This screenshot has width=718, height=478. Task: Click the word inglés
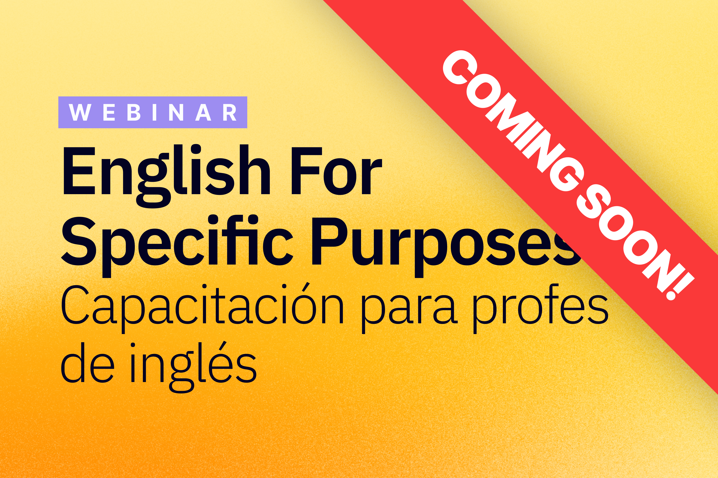click(193, 367)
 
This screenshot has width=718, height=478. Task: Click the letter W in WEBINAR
click(80, 112)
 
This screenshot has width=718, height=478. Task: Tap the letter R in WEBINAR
click(230, 112)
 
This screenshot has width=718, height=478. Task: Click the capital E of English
click(79, 171)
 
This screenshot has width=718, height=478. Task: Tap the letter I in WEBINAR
click(155, 112)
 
